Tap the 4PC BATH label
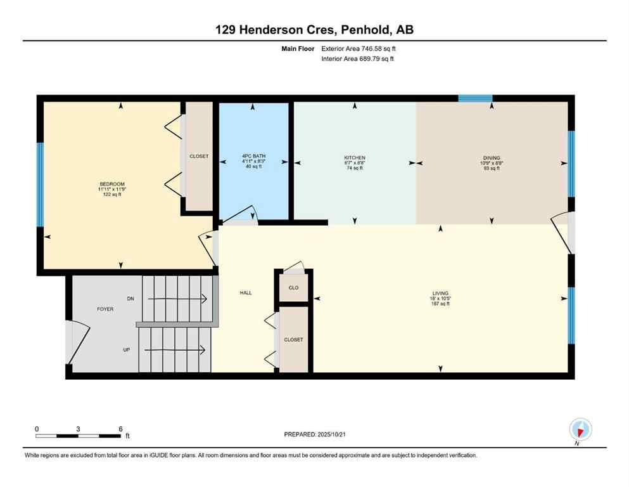pos(252,156)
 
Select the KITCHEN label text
pos(355,158)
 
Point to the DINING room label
pos(491,158)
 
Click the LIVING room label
pos(440,294)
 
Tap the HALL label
pos(246,293)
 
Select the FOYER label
pos(105,309)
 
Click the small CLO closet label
pos(293,288)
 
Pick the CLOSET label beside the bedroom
pos(199,156)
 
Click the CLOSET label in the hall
pos(293,340)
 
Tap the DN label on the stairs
pos(130,298)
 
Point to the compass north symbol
pos(580,430)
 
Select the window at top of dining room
pos(475,98)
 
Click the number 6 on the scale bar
pos(120,429)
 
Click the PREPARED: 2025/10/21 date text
pos(317,434)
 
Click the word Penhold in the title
pos(359,29)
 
